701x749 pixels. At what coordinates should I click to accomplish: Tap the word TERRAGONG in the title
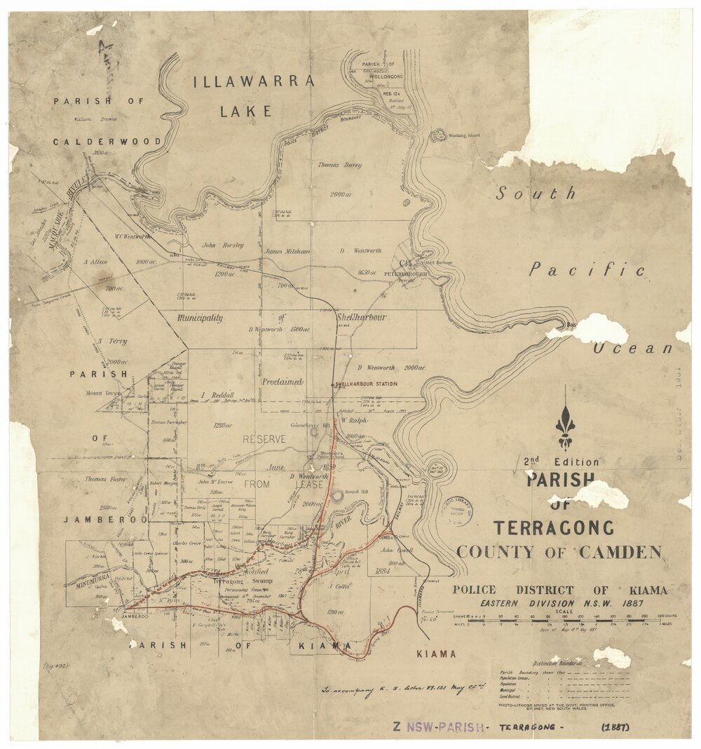553,528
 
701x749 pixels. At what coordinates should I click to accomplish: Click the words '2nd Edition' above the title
561,462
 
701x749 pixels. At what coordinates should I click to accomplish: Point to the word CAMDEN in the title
620,552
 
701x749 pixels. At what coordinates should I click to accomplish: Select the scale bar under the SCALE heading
564,620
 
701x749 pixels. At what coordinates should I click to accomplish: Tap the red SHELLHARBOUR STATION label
365,384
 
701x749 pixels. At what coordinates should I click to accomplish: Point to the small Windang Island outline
438,135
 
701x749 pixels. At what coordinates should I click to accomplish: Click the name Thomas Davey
339,165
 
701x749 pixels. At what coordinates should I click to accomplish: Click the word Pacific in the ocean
587,269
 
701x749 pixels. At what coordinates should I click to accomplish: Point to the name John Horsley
222,245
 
